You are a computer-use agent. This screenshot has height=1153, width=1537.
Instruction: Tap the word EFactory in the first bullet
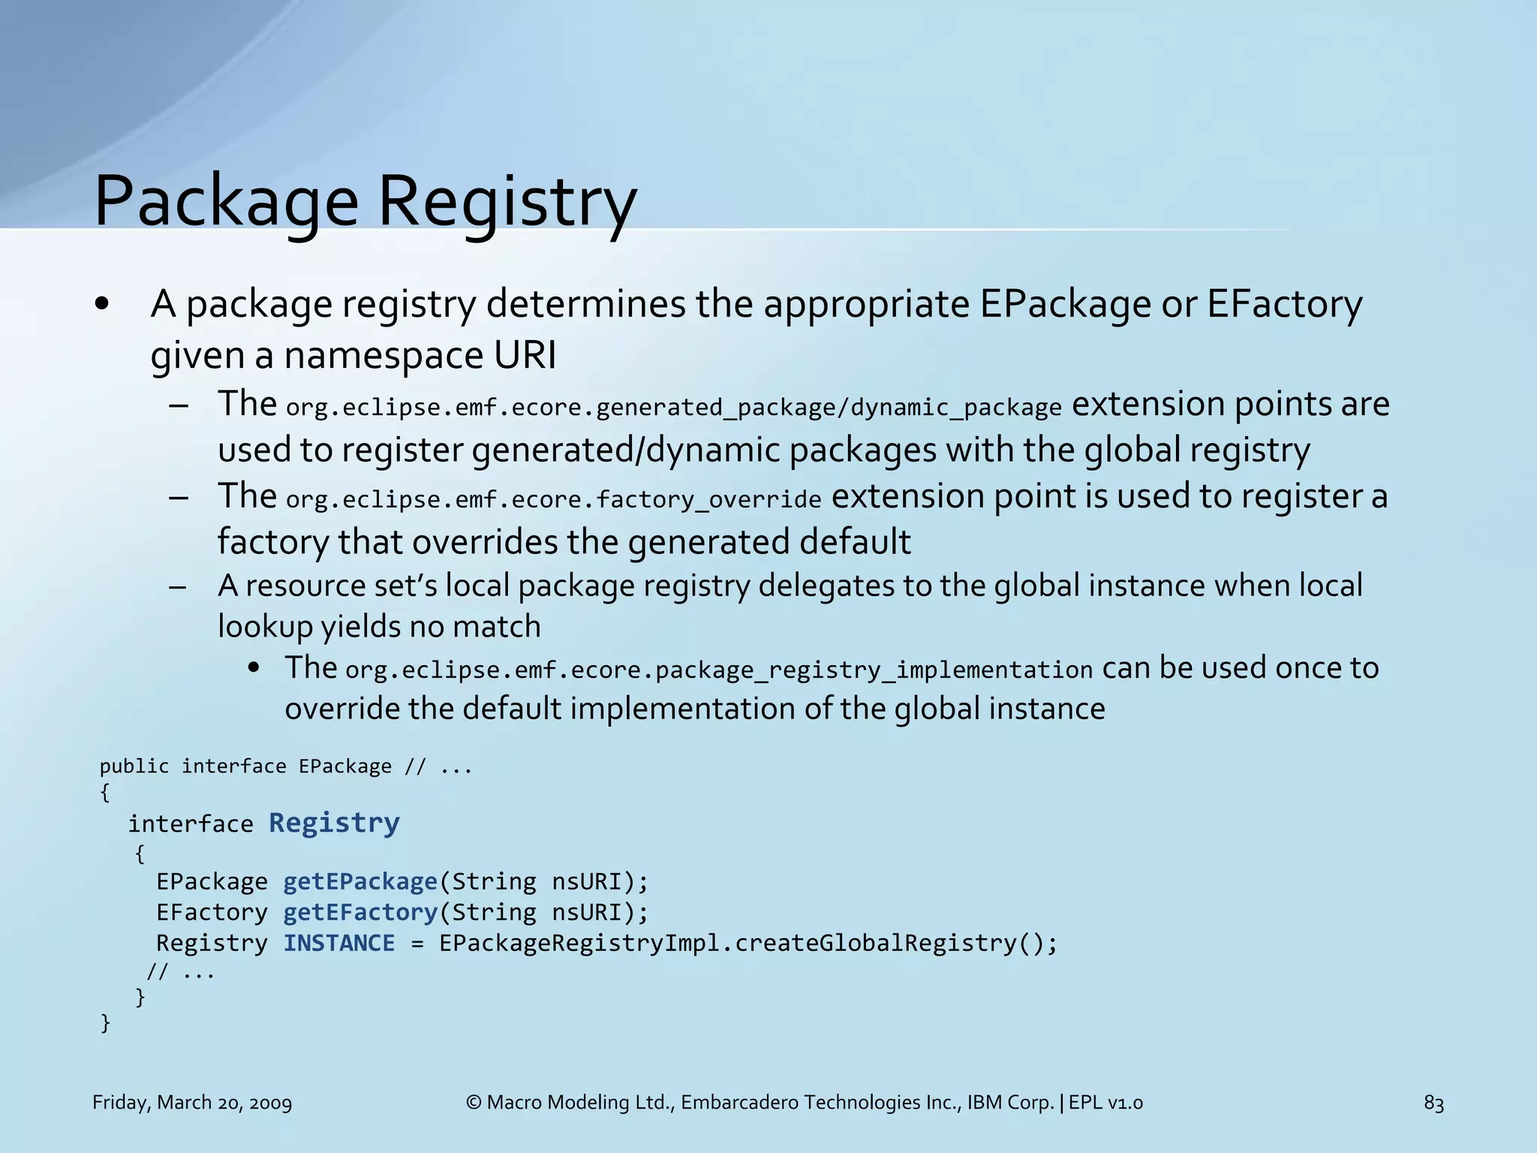coord(1284,304)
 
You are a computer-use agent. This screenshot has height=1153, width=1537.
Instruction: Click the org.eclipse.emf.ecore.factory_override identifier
coord(554,500)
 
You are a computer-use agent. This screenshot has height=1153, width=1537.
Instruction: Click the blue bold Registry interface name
coord(334,823)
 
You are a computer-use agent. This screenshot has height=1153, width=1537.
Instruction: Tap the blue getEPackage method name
coord(360,881)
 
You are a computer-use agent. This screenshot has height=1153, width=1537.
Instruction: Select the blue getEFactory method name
coord(360,912)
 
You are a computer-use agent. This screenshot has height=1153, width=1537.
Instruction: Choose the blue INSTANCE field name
coord(339,943)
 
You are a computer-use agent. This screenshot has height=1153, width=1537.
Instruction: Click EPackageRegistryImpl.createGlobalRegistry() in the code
coord(748,943)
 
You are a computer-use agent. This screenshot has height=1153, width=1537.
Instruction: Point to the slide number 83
coord(1433,1103)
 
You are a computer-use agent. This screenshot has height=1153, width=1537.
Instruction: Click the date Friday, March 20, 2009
coord(192,1103)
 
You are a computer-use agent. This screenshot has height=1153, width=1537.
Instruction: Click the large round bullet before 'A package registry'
coord(103,305)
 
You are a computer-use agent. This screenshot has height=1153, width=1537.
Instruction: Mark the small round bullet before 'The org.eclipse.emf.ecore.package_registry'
coord(254,668)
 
